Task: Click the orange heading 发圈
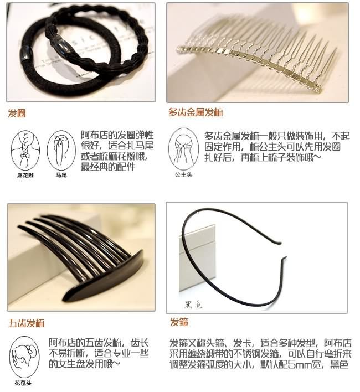(x=17, y=114)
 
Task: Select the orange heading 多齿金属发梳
(x=196, y=112)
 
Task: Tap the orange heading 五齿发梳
(x=27, y=323)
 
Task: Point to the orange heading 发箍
(x=179, y=322)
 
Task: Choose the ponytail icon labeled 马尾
(x=60, y=149)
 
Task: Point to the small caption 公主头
(x=183, y=174)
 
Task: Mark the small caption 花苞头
(x=23, y=382)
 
